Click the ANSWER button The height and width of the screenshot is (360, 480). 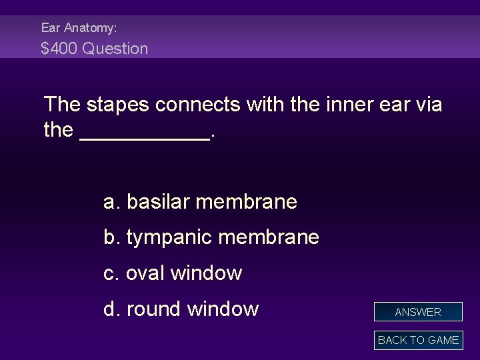(418, 312)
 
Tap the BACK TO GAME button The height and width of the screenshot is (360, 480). (418, 340)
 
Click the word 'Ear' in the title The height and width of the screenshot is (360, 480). (50, 28)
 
